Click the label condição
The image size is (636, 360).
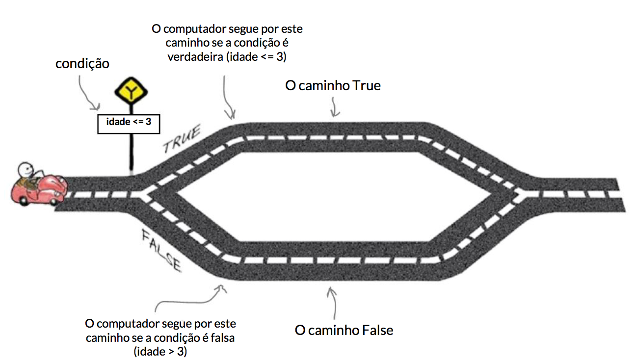point(82,63)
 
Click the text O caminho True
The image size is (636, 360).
point(333,85)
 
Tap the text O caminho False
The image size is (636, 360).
point(344,330)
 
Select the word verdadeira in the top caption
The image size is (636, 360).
point(194,57)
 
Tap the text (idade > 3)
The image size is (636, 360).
point(160,352)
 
